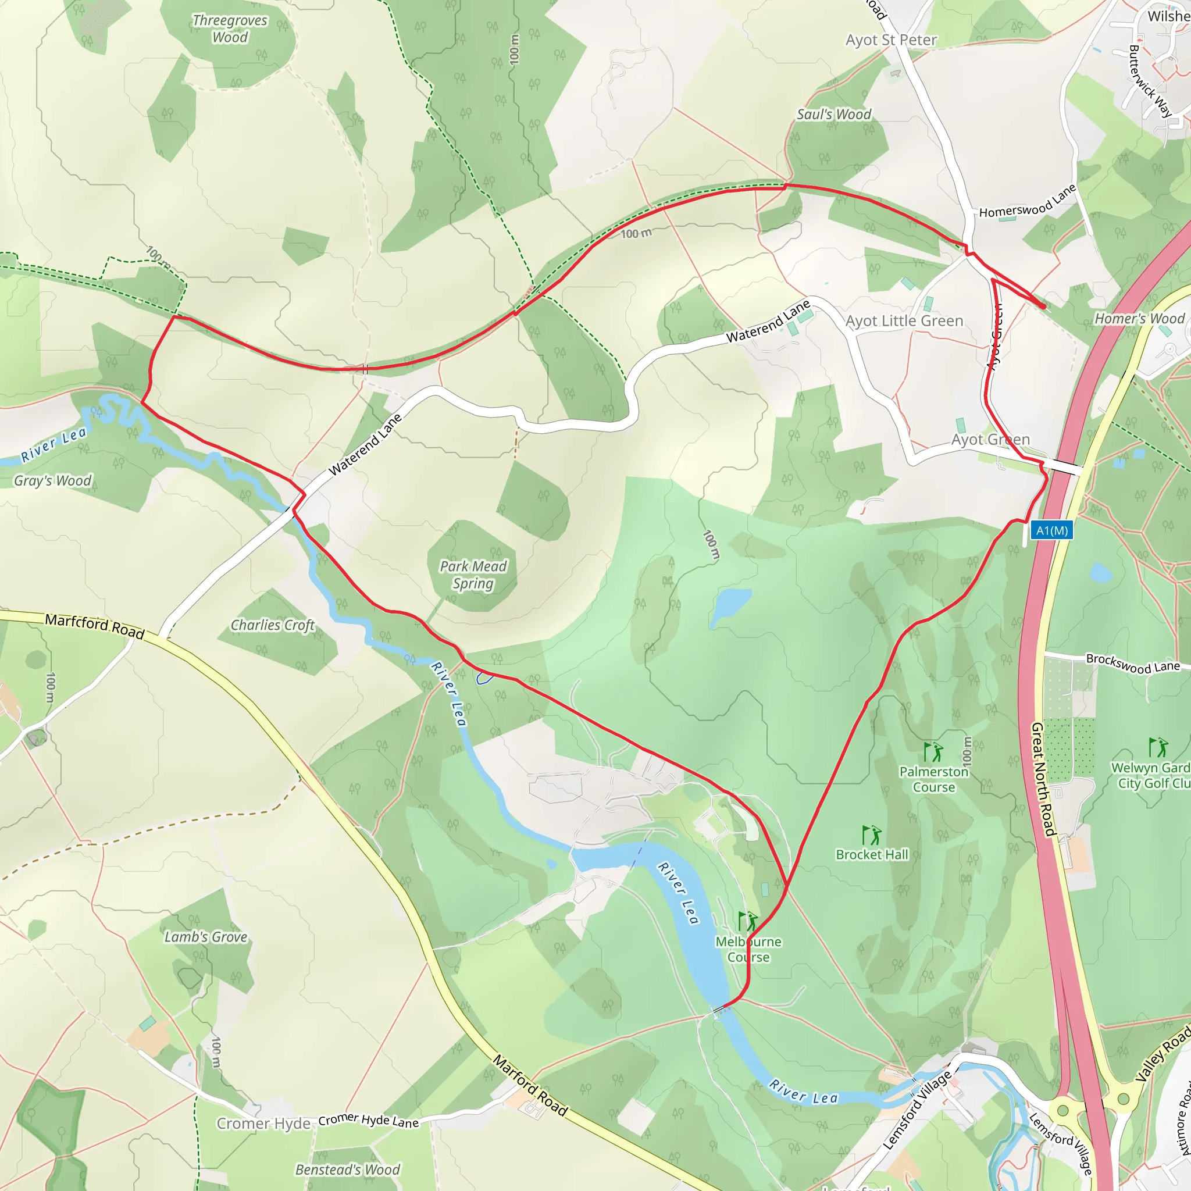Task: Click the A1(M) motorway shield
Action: pos(1051,531)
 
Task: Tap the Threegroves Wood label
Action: pos(230,29)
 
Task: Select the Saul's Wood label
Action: pos(833,115)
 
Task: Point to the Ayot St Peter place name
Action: pos(891,41)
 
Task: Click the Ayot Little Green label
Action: pos(904,321)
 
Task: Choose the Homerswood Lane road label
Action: pos(1027,202)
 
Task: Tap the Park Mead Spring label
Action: pos(473,575)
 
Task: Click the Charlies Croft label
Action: pos(273,625)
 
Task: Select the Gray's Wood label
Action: pos(52,481)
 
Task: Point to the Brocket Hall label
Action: pos(872,854)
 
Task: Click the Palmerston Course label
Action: pos(933,779)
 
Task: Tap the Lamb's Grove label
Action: pos(205,937)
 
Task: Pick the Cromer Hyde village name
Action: pos(263,1123)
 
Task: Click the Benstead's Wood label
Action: pos(348,1169)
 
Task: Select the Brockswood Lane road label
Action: pos(1132,664)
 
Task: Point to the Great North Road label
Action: pos(1043,779)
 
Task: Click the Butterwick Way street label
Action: pos(1150,81)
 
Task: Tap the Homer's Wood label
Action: pos(1139,319)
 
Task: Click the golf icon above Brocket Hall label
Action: pos(872,835)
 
